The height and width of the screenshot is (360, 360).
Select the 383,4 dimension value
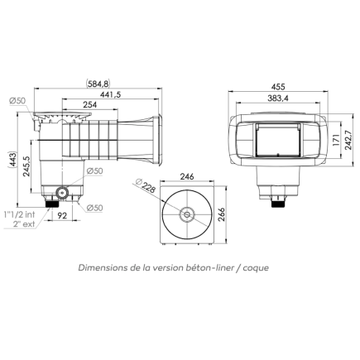pyautogui.click(x=277, y=98)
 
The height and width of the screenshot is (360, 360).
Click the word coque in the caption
pyautogui.click(x=253, y=268)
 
